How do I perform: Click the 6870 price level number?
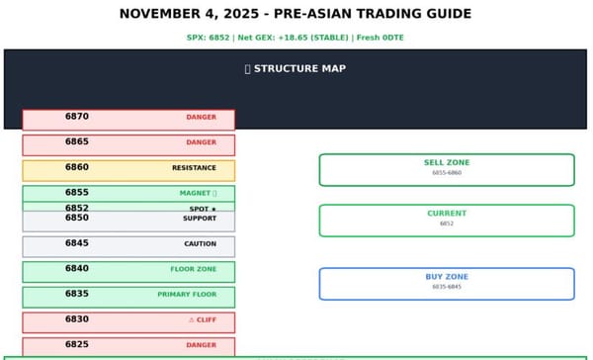coord(77,117)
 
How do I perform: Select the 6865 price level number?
coord(77,142)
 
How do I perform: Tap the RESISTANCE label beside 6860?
coord(194,168)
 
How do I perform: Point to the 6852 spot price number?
coord(77,208)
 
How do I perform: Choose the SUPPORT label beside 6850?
coord(200,219)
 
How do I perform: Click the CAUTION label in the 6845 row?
coord(200,244)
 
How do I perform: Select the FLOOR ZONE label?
coord(193,269)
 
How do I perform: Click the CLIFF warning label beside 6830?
coord(203,319)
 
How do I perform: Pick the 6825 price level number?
coord(77,345)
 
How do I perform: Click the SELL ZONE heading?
coord(447,163)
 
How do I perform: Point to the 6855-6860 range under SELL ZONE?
coord(447,173)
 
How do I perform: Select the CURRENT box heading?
coord(447,214)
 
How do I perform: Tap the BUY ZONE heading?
coord(447,277)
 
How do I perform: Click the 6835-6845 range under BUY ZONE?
coord(447,287)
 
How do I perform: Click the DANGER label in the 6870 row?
coord(201,118)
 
